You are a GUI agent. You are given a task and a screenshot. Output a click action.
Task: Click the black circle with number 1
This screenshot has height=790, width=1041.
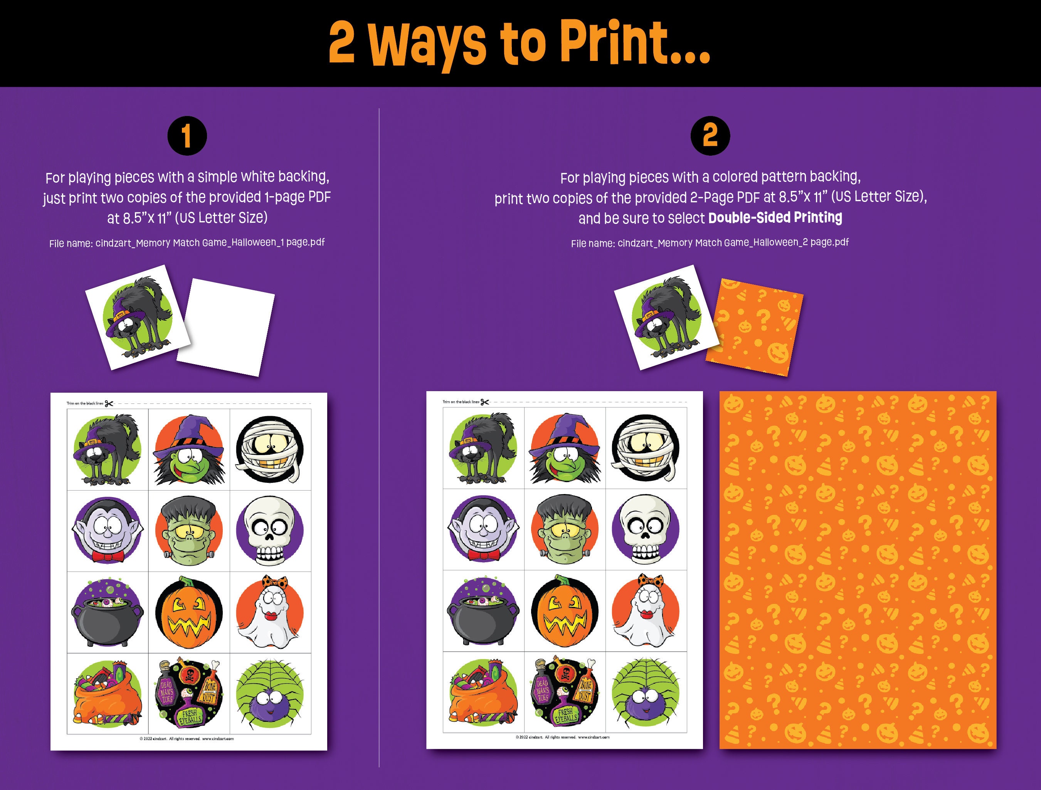(187, 136)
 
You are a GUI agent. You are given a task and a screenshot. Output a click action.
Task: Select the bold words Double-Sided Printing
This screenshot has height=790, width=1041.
(775, 217)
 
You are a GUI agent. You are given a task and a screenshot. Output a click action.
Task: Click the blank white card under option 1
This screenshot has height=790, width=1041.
(226, 327)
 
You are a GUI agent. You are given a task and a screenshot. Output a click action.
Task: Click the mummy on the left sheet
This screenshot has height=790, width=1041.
(270, 449)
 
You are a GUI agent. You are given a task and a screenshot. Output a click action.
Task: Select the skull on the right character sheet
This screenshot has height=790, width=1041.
(646, 529)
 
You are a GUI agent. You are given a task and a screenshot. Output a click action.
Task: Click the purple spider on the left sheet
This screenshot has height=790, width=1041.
(270, 694)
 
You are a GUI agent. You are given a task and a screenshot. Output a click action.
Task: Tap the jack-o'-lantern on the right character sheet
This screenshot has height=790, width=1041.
(565, 611)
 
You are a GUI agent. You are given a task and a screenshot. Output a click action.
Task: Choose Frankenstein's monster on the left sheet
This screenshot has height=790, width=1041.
(189, 531)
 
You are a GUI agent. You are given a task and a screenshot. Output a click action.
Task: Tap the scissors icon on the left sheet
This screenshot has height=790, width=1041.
(109, 403)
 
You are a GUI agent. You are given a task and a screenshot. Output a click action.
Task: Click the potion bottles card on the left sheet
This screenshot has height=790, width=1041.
(189, 694)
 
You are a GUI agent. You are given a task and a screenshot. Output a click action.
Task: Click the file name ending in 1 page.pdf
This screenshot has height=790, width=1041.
(187, 243)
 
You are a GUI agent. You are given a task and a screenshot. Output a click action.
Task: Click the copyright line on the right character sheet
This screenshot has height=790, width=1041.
(562, 737)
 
